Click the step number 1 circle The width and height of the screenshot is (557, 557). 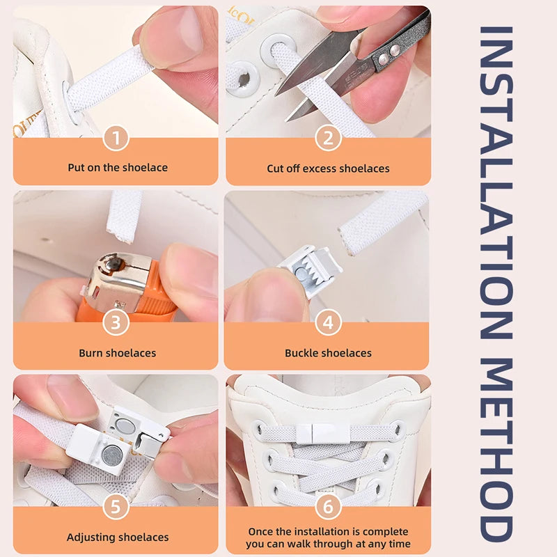coord(116,139)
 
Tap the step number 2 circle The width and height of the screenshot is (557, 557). coord(327,139)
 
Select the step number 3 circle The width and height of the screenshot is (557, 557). coord(116,323)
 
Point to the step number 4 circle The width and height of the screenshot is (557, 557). coord(327,323)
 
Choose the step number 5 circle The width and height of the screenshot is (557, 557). coord(116,506)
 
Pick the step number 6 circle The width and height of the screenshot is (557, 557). coord(327,506)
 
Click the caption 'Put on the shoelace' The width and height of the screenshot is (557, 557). coord(117,168)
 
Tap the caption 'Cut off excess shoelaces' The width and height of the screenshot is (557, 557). coord(328,168)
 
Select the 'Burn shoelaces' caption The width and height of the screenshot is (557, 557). coord(116,353)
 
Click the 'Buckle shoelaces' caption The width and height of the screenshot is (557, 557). coord(328,353)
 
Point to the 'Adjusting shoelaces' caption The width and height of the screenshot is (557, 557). coord(118,538)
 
